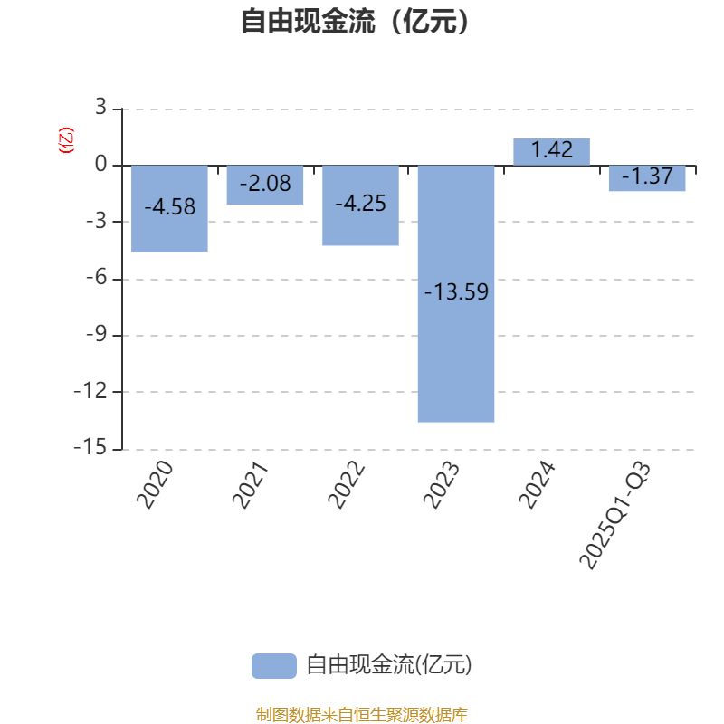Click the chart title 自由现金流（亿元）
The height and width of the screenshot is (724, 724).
(x=357, y=21)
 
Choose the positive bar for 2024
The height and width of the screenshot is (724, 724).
(x=551, y=152)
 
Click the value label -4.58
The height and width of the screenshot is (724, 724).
(x=169, y=207)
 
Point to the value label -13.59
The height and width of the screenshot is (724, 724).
(x=456, y=292)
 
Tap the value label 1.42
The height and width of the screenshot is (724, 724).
(x=551, y=151)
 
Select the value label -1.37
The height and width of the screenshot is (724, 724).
(x=647, y=177)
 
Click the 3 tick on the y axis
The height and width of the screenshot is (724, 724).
(x=100, y=109)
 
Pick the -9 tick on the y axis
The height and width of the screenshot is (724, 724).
(x=95, y=336)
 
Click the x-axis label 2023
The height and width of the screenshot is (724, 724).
(x=443, y=484)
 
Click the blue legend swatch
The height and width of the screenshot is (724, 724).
(x=273, y=665)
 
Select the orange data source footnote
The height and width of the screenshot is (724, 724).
(x=361, y=715)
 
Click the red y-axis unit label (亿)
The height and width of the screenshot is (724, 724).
(x=65, y=140)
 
